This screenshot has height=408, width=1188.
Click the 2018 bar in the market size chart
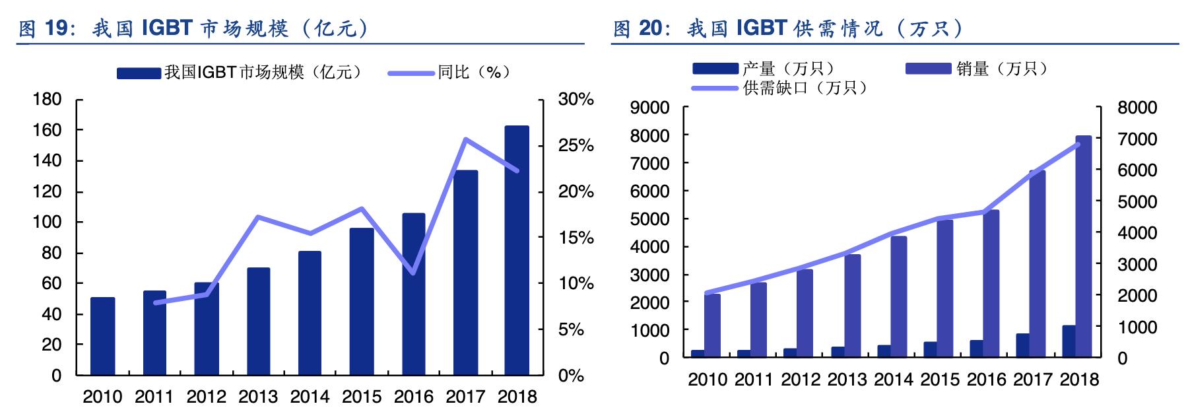click(517, 251)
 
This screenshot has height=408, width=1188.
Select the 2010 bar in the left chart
click(102, 337)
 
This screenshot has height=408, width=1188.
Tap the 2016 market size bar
click(413, 294)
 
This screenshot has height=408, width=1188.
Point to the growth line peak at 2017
click(465, 139)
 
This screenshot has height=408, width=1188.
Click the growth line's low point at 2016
click(413, 273)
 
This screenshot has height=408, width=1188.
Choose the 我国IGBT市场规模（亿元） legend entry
click(242, 73)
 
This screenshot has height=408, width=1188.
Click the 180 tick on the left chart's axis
click(47, 100)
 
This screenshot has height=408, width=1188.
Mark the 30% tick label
click(576, 100)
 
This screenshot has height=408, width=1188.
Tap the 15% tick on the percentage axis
click(576, 238)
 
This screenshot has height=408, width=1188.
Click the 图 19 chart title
click(191, 28)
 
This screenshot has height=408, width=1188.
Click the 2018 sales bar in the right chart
click(1083, 248)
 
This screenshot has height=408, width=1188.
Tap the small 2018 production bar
click(1069, 341)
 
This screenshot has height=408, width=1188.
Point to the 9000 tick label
click(649, 108)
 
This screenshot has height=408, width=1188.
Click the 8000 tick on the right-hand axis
click(1137, 108)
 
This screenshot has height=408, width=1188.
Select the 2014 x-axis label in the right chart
click(893, 380)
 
